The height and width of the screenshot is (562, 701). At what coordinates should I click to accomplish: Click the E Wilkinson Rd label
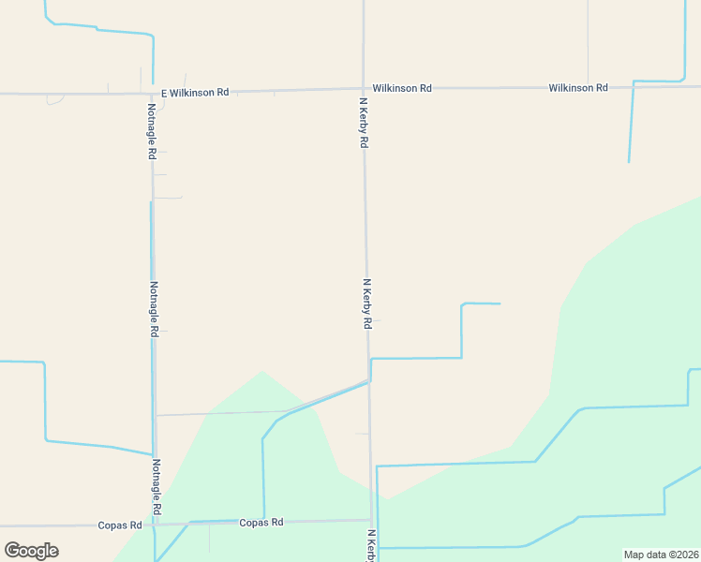point(195,93)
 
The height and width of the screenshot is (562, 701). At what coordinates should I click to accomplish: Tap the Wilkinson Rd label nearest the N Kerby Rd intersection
point(402,88)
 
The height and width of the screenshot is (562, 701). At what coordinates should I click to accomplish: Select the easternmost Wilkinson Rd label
point(578,88)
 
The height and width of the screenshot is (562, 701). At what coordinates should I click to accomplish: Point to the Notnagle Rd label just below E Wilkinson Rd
point(151,129)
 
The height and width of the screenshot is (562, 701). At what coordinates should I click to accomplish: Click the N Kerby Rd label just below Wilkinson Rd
point(364,121)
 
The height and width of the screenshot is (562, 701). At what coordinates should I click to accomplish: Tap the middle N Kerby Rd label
point(367,303)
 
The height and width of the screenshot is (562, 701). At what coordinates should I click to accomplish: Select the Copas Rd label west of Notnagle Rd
point(119,525)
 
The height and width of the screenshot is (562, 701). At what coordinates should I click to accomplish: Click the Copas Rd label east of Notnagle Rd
point(261,523)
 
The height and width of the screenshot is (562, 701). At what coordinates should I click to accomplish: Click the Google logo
point(31,550)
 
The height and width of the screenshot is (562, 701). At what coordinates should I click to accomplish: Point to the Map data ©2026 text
point(661,555)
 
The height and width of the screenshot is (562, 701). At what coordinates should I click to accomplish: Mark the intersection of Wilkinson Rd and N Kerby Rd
point(364,89)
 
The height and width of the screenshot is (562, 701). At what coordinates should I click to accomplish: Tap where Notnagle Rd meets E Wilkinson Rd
point(153,93)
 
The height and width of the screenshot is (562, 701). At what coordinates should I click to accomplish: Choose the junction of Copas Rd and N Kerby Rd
point(371,520)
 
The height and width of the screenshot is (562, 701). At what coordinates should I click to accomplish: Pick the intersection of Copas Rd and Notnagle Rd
point(157,524)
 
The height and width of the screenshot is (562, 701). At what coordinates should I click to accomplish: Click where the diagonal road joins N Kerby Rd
point(368,380)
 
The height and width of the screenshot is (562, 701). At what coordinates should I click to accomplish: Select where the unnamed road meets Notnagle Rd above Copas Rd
point(156,415)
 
